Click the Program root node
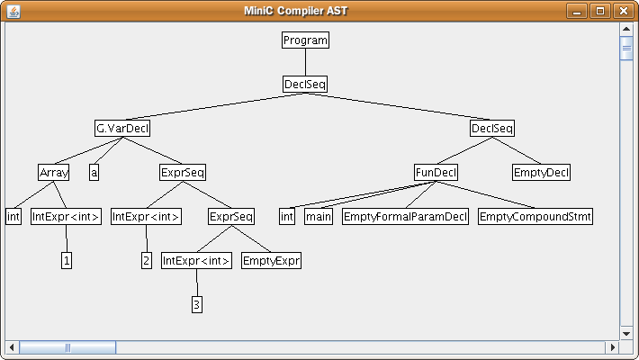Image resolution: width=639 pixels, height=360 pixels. [x=305, y=40]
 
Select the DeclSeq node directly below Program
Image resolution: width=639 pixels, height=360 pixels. [x=305, y=84]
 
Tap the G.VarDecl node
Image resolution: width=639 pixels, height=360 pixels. [x=121, y=128]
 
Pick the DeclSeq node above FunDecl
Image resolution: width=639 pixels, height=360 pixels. [x=492, y=128]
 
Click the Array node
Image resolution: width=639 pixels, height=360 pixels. [x=54, y=172]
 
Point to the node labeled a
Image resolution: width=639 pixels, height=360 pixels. [x=94, y=172]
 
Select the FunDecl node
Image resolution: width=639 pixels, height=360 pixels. [x=436, y=172]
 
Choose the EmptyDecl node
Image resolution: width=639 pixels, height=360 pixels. [x=541, y=172]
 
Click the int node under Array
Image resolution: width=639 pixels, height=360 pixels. [x=13, y=216]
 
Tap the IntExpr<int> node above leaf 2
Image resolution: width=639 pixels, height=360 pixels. [x=147, y=216]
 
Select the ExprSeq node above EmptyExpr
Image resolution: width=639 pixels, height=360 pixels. [x=231, y=216]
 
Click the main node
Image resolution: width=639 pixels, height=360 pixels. [x=319, y=216]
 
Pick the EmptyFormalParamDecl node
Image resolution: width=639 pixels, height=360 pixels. [x=405, y=216]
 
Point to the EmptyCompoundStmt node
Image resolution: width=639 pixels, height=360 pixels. [x=535, y=216]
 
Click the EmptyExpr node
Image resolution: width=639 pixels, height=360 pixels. [x=271, y=260]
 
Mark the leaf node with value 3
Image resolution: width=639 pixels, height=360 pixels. [x=197, y=304]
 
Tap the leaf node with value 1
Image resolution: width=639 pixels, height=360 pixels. [x=67, y=260]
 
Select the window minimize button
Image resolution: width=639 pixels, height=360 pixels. [x=578, y=11]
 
